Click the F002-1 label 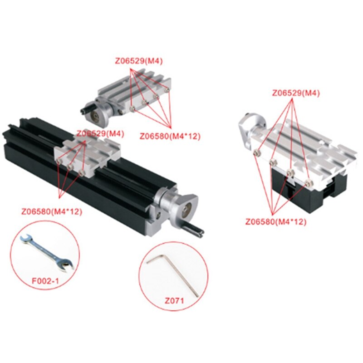tap(45, 281)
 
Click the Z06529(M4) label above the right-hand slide tap(296, 93)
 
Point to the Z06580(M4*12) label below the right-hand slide tap(276, 222)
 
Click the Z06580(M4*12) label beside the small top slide tap(170, 136)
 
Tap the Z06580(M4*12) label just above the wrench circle tap(51, 211)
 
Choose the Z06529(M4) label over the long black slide tap(100, 133)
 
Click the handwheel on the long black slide tap(185, 210)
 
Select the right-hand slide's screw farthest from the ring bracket tap(309, 183)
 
